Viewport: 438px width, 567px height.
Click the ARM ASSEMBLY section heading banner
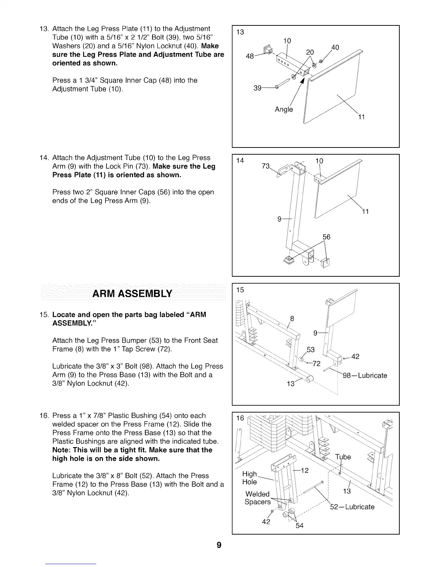coord(132,294)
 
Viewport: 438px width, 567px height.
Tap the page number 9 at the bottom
coord(219,545)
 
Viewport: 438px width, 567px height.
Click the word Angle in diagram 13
coord(284,109)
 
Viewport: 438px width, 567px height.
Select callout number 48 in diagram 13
coord(250,56)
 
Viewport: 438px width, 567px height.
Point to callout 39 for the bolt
coord(257,88)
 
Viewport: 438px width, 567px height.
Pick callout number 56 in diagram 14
coord(326,237)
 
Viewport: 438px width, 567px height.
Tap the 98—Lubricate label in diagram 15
coord(365,375)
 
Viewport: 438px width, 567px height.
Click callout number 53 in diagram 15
coord(311,349)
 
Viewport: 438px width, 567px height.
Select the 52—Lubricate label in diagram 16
coord(352,507)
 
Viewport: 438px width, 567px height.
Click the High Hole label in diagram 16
coord(250,478)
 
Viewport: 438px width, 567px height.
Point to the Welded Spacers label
coord(257,498)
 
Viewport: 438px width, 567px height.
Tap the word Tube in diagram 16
coord(343,457)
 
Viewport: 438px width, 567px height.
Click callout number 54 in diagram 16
coord(300,525)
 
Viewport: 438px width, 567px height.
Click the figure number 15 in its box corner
coord(240,290)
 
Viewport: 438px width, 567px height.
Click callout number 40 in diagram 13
coord(335,48)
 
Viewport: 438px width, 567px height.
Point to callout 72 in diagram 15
coord(316,364)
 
